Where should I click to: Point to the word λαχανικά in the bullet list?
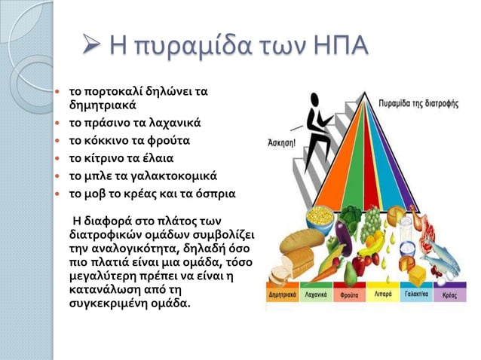171,122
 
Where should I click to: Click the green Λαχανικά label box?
318,295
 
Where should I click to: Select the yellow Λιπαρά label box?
383,295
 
